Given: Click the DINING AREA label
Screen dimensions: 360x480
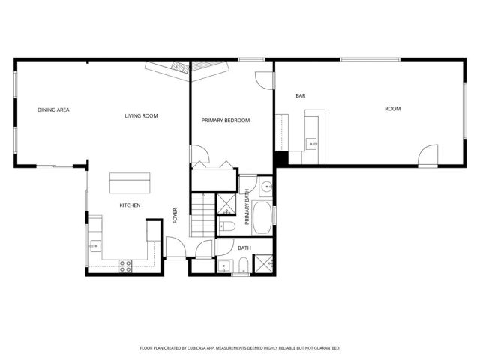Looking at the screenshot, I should tap(53, 110).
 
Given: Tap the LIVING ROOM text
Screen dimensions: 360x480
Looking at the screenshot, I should tap(141, 115).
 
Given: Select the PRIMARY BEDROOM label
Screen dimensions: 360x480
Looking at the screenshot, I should tap(226, 121).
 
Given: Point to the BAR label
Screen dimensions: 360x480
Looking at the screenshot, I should tap(301, 95).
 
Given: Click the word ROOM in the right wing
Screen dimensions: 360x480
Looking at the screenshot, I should tap(392, 109).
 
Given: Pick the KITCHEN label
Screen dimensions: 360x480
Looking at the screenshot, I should tap(130, 205).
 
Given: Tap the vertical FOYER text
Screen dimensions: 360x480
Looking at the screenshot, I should tap(175, 215).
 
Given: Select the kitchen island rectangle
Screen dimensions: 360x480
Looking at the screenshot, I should tap(130, 183).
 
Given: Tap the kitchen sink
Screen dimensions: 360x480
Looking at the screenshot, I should tap(94, 245).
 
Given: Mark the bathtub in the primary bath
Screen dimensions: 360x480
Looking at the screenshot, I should tap(262, 218).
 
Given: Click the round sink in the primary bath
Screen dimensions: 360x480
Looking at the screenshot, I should tap(266, 187).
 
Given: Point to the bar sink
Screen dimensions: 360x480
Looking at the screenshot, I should tap(312, 142).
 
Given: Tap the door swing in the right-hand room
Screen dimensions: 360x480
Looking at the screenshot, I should tap(428, 156).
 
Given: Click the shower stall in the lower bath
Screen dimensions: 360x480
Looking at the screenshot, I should tap(263, 262).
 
